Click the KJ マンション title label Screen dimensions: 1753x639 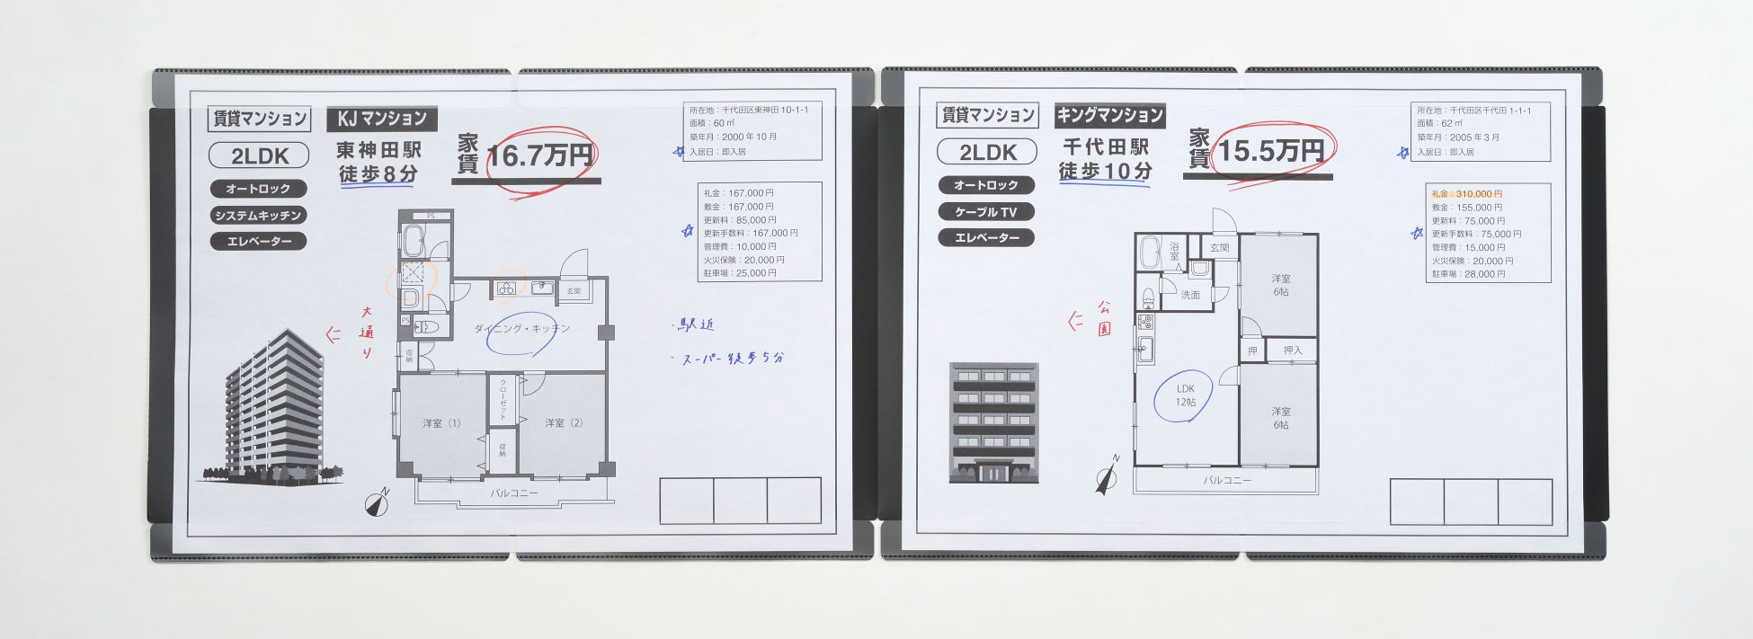click(x=382, y=118)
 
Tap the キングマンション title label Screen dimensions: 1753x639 click(x=1109, y=115)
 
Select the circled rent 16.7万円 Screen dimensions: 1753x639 click(x=539, y=155)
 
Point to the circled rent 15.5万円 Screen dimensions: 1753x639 click(x=1270, y=151)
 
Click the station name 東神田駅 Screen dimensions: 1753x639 click(x=378, y=149)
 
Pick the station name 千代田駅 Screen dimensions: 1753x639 click(x=1105, y=146)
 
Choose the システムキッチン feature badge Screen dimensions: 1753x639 click(x=258, y=216)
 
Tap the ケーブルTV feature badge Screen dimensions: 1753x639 click(x=986, y=212)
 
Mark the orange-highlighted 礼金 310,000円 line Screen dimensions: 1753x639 click(x=1466, y=194)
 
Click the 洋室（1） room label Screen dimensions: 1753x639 click(x=441, y=422)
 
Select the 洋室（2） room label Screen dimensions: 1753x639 click(x=564, y=422)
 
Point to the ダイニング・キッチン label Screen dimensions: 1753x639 click(x=522, y=329)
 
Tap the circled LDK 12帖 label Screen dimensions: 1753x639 click(x=1186, y=395)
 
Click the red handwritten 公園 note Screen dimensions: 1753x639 click(x=1104, y=318)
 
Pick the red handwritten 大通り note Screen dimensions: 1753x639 click(x=367, y=332)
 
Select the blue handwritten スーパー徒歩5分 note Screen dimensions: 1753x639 click(x=732, y=358)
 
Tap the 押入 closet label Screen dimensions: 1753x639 click(x=1293, y=351)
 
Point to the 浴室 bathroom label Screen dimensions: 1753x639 click(x=1174, y=251)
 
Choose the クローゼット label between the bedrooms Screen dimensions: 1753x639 click(x=503, y=401)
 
